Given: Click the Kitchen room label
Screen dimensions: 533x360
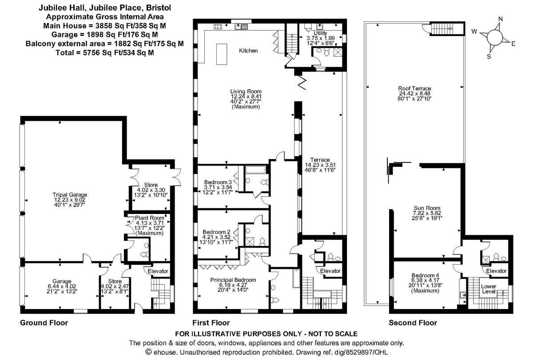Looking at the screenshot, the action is click(248, 51).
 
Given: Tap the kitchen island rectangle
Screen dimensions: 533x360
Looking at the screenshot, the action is click(222, 54).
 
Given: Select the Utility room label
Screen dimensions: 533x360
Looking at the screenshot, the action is click(320, 33).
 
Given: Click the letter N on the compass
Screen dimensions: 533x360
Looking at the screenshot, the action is click(501, 19).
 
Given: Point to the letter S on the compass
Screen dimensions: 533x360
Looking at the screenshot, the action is click(489, 56).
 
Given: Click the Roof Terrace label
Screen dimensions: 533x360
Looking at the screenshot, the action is click(414, 88).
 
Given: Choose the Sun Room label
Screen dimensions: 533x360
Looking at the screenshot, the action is click(427, 208).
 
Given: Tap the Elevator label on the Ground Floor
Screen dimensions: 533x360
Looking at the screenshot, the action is click(158, 271).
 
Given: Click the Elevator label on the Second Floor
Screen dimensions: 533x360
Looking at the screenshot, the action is click(497, 271).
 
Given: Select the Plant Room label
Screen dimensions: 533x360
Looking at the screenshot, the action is click(149, 218).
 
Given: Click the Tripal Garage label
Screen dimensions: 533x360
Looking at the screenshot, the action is click(70, 195).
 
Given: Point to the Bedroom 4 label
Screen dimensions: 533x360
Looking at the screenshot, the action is click(425, 275).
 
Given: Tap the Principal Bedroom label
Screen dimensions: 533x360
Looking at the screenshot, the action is click(233, 280).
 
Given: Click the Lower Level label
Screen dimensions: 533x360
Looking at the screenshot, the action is click(489, 289).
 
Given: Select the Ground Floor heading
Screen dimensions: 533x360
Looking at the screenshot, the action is click(44, 323).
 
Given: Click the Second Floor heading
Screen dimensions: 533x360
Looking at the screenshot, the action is click(413, 323).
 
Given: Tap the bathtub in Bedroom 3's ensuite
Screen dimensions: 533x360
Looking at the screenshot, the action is click(256, 170).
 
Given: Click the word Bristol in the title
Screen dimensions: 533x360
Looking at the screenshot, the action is click(159, 8).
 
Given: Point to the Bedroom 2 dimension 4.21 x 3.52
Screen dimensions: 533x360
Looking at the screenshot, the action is click(216, 237).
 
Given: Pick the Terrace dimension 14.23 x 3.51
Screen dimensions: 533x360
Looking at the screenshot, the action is click(320, 165).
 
